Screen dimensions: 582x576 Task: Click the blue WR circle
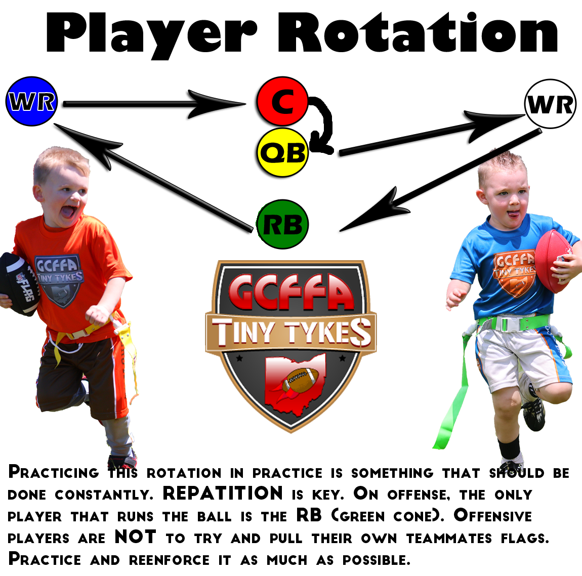[x=32, y=101]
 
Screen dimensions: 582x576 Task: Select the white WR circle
[x=551, y=104]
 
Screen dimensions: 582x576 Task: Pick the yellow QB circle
[x=283, y=152]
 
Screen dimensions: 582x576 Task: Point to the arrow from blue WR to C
[x=154, y=104]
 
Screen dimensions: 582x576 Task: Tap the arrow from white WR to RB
[x=440, y=181]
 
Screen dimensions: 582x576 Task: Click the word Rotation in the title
[x=419, y=33]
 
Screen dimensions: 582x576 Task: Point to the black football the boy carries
[x=19, y=283]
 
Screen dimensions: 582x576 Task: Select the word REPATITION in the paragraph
[x=223, y=493]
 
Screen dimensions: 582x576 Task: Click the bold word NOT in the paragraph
[x=136, y=537]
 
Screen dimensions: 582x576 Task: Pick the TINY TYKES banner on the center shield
[x=291, y=332]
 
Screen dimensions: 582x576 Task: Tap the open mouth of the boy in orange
[x=68, y=212]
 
